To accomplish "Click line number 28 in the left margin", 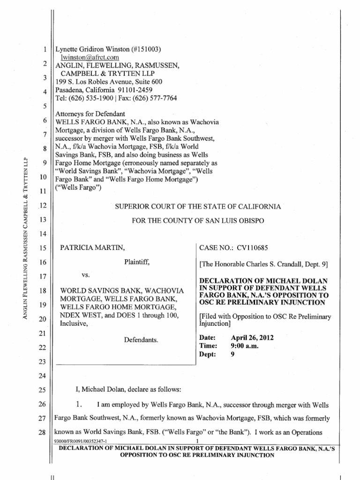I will pyautogui.click(x=41, y=430).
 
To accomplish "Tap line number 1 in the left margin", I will pyautogui.click(x=43, y=49).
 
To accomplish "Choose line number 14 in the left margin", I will pyautogui.click(x=41, y=233).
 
